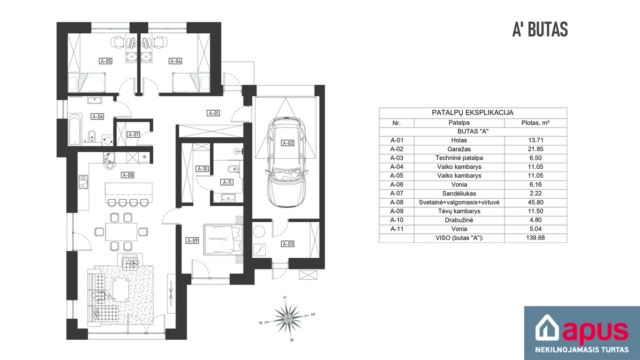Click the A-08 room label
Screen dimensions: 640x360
(128, 175)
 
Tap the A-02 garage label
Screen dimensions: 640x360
(287, 143)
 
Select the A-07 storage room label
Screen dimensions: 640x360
(134, 135)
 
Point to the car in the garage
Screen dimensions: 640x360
(287, 162)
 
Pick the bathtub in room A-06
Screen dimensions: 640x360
(75, 129)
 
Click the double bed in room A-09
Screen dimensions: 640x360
(223, 240)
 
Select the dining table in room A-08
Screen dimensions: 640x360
(121, 232)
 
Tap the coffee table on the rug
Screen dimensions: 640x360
(121, 290)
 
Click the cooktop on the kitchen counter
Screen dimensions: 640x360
(83, 182)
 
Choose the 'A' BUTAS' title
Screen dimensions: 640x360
(540, 30)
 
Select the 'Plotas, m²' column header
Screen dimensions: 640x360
(535, 123)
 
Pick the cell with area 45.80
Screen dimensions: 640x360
(535, 202)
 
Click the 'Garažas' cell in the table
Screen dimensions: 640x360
(459, 149)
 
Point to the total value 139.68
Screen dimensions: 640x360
(535, 238)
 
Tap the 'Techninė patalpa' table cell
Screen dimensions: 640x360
(459, 158)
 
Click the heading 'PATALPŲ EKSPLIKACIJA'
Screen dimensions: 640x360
(473, 112)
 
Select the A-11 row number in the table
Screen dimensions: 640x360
(397, 229)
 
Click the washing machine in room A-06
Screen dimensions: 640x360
(107, 140)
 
